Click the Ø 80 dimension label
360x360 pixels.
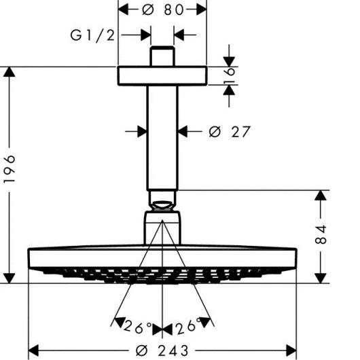click(162, 10)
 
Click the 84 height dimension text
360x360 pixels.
click(323, 234)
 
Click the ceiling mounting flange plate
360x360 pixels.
click(162, 75)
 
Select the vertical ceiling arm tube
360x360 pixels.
click(162, 136)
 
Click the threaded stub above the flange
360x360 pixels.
click(162, 56)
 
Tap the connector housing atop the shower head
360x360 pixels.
click(162, 228)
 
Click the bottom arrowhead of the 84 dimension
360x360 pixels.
click(319, 276)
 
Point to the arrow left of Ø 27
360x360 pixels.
click(139, 131)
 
